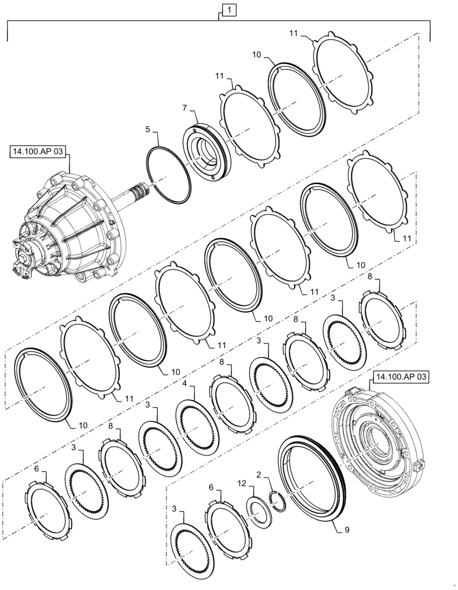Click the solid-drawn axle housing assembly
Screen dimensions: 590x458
point(74,227)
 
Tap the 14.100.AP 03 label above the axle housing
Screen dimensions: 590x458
point(38,153)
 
